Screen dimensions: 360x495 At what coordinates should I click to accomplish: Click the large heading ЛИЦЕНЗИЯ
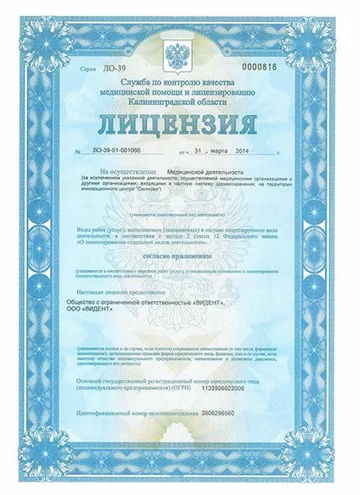click(180, 124)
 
